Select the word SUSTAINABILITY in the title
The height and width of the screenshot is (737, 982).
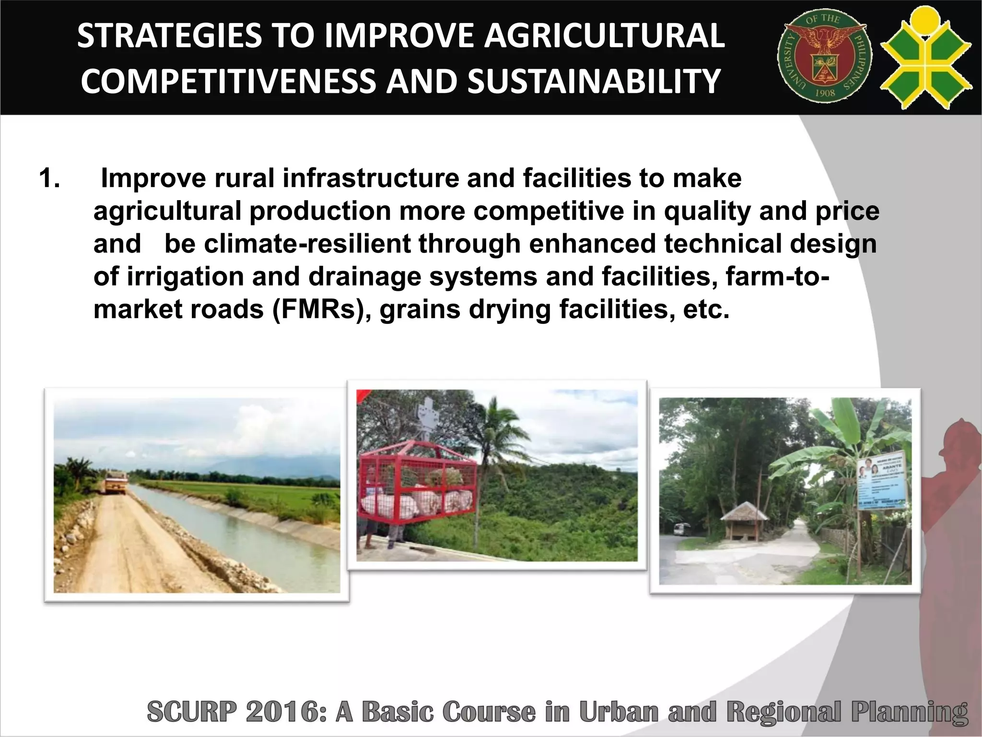[593, 81]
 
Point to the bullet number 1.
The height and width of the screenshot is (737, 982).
[49, 178]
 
